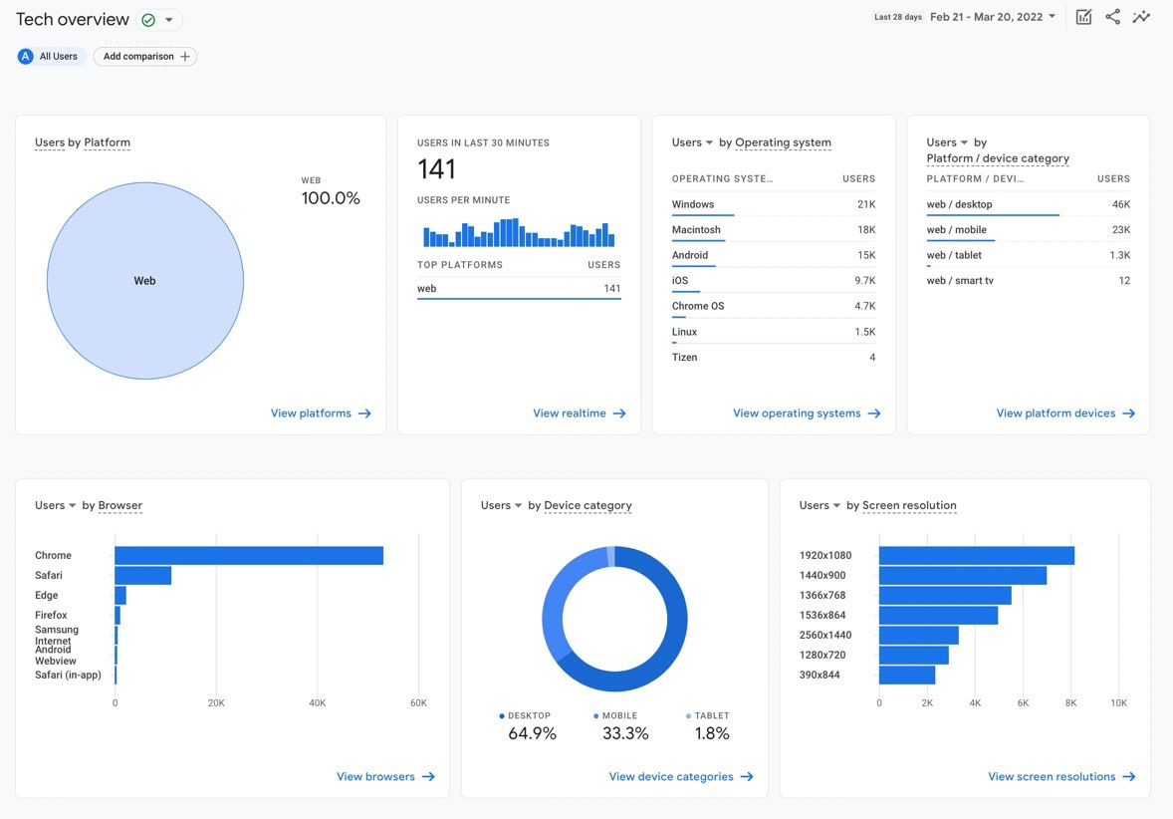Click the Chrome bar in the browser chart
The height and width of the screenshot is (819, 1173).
tap(249, 556)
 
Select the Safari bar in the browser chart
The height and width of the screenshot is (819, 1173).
tap(142, 576)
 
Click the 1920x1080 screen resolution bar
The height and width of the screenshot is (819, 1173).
tap(976, 556)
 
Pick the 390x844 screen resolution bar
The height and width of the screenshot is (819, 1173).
tap(907, 676)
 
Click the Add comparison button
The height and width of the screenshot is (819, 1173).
tap(145, 57)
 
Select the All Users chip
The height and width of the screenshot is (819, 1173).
tap(49, 57)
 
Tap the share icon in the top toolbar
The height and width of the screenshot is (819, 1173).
tap(1112, 17)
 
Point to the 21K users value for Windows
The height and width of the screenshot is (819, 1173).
tap(865, 204)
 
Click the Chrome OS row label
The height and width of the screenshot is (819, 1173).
tap(698, 306)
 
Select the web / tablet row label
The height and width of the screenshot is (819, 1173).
tap(954, 255)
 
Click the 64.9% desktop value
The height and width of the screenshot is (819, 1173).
tap(532, 733)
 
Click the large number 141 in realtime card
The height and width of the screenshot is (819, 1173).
tap(436, 169)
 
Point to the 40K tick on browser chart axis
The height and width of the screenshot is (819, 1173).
tap(317, 703)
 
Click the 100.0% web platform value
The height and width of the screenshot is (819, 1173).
tap(331, 198)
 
